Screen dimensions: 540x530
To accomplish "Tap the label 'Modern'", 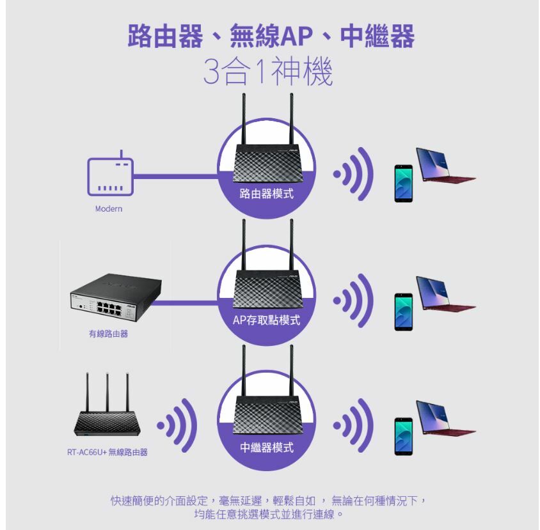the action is [109, 209].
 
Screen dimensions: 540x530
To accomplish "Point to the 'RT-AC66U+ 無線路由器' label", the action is [107, 453].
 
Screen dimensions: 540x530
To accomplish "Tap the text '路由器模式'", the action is [267, 193].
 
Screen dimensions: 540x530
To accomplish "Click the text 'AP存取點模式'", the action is [267, 320].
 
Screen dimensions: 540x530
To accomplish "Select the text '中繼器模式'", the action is [267, 447].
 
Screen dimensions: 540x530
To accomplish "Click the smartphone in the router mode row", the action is [403, 183].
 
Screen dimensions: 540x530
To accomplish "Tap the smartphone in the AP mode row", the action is [403, 311].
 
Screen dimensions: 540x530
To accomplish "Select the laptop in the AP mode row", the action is [444, 293].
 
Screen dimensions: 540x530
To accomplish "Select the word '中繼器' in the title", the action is [377, 37].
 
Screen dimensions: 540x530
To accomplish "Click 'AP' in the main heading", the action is [297, 37].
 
